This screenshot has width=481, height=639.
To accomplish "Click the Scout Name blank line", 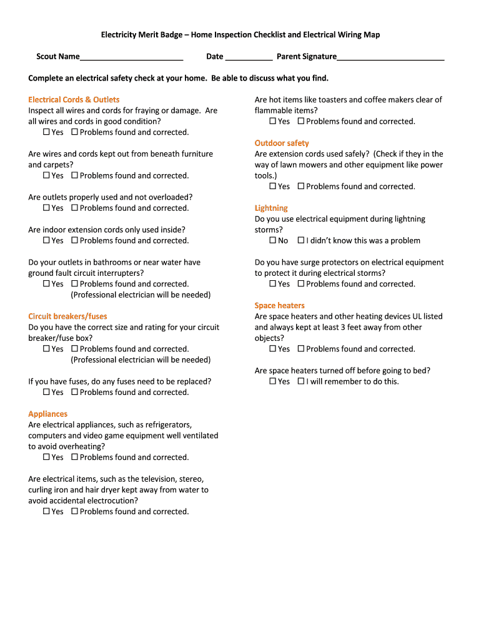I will (131, 57).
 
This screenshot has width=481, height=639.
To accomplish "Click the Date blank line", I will (249, 57).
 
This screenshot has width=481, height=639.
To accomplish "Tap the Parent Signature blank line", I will (390, 57).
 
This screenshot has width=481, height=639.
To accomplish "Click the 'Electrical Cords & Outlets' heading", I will (74, 100).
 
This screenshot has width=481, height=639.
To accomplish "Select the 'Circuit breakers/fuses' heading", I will (67, 316).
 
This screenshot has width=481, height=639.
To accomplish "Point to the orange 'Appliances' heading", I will (47, 414).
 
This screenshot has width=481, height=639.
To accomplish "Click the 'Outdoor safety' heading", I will (282, 143).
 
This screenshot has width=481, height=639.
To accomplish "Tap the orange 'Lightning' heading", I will (271, 208).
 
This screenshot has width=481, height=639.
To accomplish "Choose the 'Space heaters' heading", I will (279, 306).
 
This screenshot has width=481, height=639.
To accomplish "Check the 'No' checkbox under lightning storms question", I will (272, 241).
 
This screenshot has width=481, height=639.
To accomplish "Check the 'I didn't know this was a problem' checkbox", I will (301, 241).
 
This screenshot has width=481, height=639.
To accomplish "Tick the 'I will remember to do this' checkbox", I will (301, 381).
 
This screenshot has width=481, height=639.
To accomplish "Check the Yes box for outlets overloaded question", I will (46, 208).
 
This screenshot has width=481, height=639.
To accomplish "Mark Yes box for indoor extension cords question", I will (46, 241).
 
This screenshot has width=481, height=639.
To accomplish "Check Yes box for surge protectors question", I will (272, 284).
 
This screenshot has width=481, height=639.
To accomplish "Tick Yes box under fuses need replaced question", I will (46, 393).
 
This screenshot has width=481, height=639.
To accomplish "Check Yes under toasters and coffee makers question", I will (272, 122).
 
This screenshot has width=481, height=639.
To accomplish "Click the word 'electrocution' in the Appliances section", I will (109, 500).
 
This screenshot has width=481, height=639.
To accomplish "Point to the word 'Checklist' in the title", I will (267, 35).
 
